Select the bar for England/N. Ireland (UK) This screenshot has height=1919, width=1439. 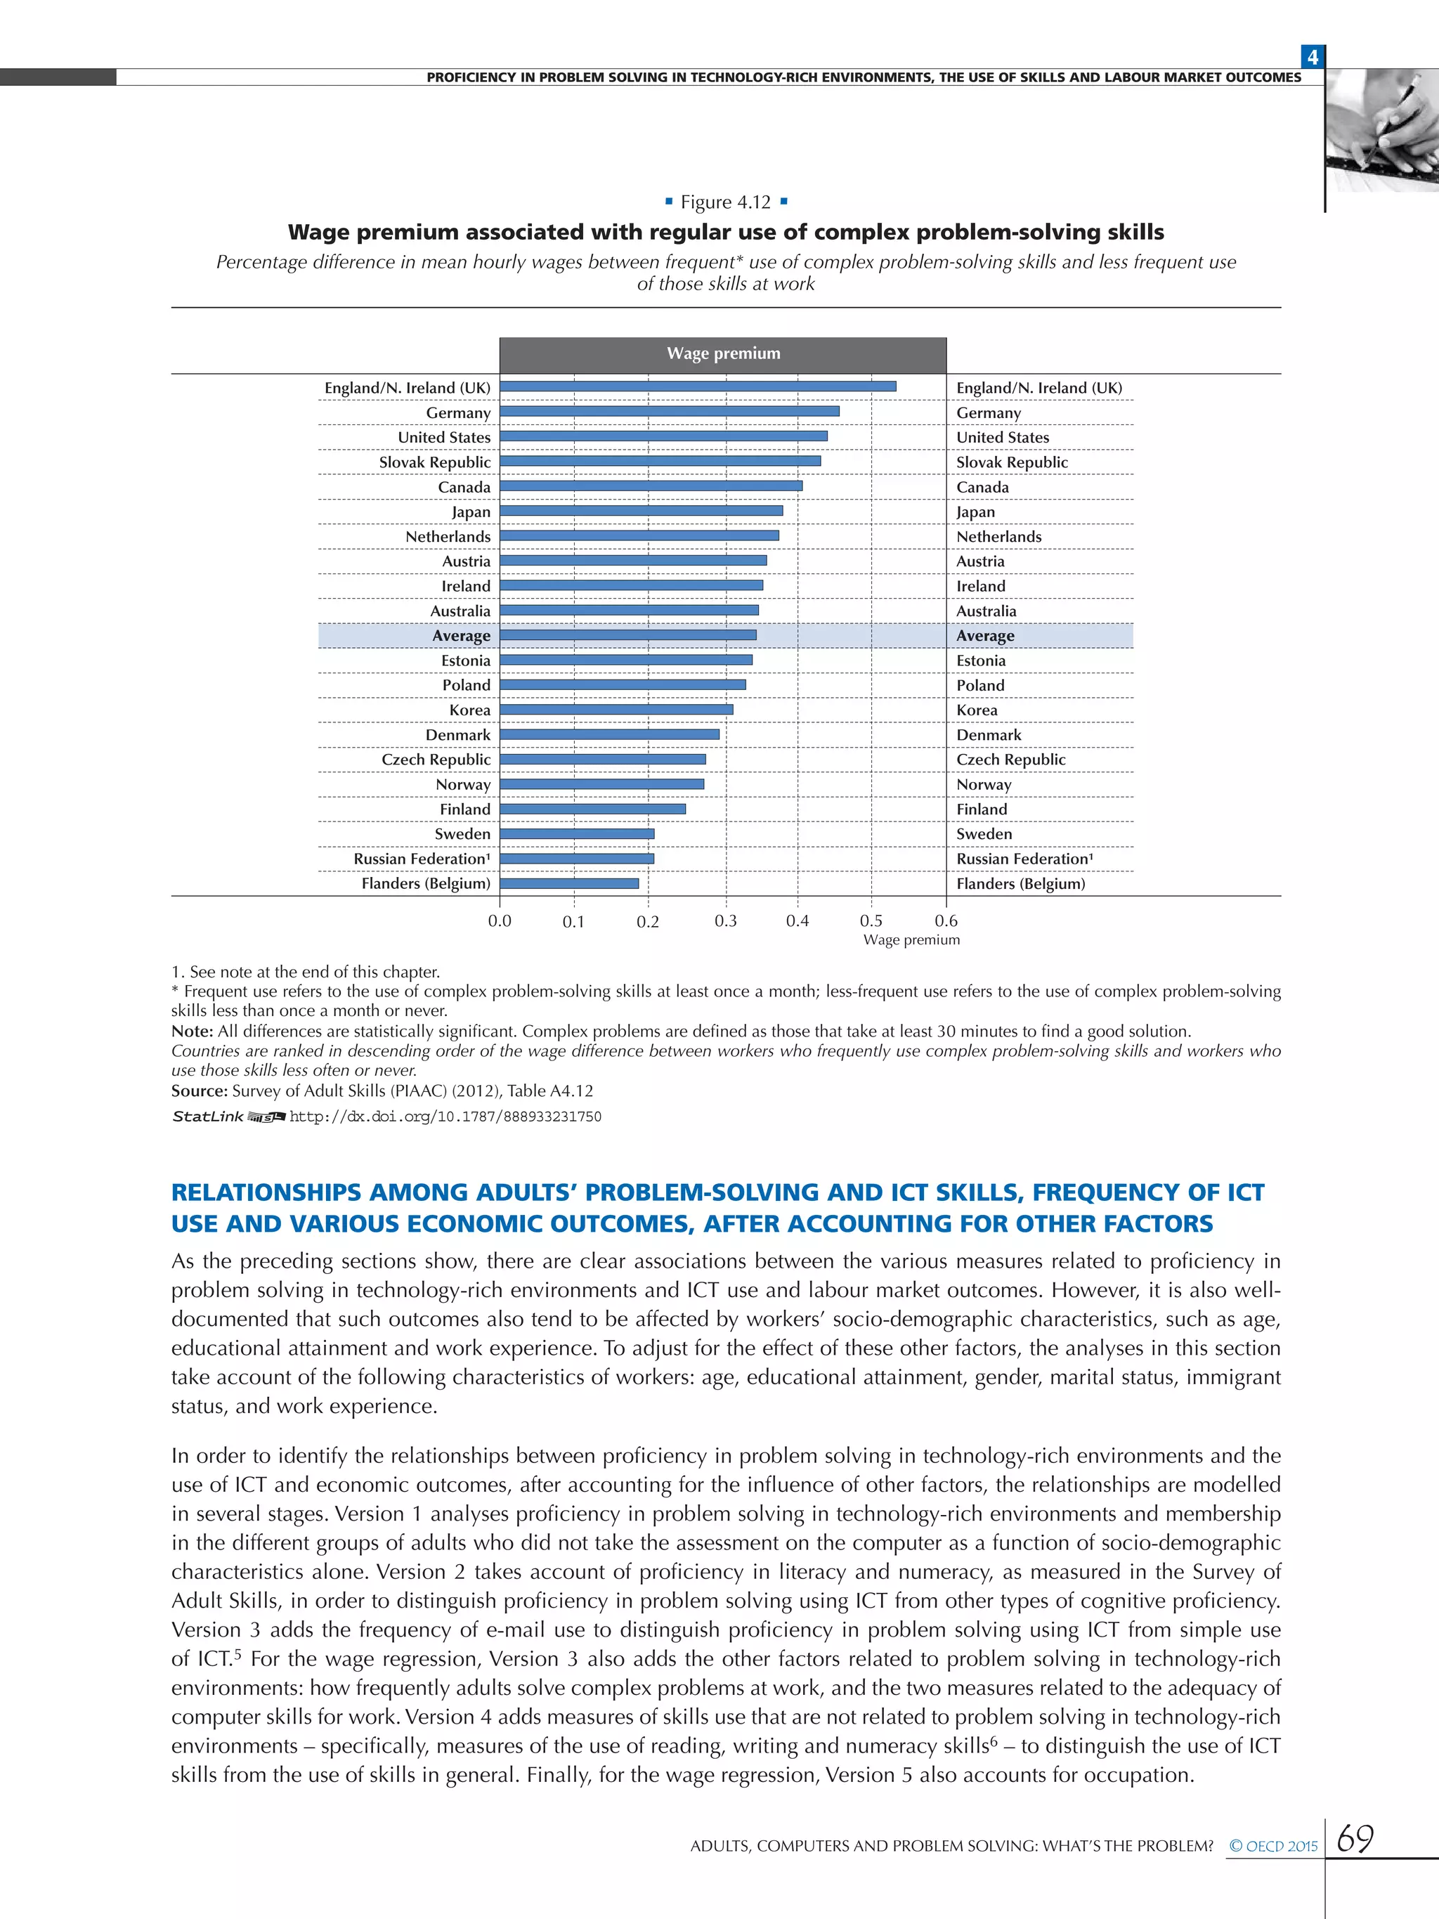pos(698,387)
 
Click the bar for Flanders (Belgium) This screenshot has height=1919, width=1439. pos(569,883)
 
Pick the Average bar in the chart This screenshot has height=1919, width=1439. pos(628,635)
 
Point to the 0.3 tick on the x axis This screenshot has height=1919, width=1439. pos(725,921)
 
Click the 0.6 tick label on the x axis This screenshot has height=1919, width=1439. pos(946,921)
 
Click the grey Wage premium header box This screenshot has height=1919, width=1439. pos(722,354)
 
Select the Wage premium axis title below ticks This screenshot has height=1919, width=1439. pos(911,940)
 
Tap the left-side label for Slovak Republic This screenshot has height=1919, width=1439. pos(434,462)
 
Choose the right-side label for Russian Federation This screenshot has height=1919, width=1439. pos(1024,859)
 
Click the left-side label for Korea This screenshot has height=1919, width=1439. pos(469,710)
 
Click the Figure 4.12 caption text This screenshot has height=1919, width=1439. pos(725,202)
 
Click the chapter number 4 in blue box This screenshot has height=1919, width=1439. pos(1313,57)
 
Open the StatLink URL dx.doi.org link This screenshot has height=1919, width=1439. pos(445,1117)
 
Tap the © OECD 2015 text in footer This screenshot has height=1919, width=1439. pos(1272,1846)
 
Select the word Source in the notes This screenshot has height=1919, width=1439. pos(199,1091)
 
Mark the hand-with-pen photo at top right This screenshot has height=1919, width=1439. pos(1383,130)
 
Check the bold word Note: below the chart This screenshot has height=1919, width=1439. pos(192,1032)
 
